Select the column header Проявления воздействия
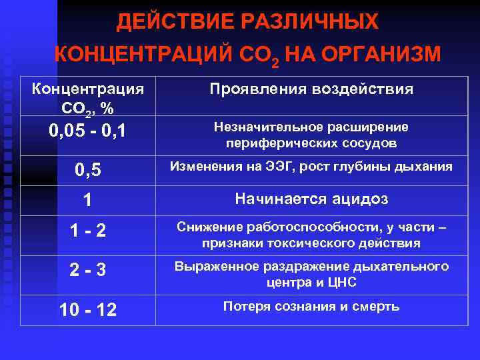click(x=311, y=89)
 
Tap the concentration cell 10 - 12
click(x=88, y=310)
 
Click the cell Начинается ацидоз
click(x=311, y=199)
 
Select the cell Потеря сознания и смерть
click(x=311, y=307)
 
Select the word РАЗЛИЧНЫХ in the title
click(x=315, y=22)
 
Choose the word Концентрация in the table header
click(x=88, y=89)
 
